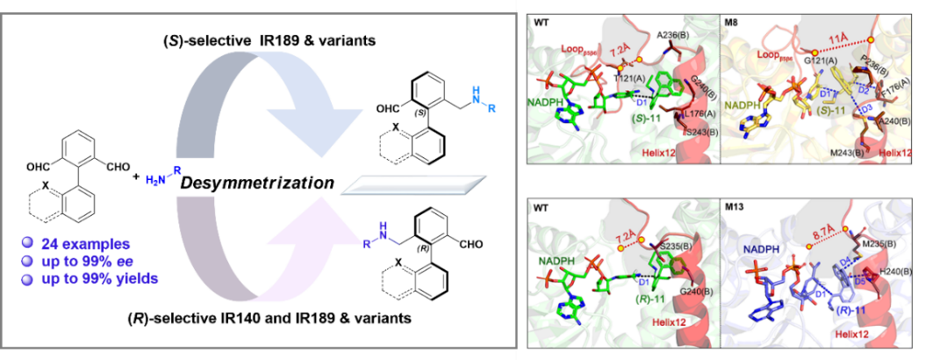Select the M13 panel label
click(736, 208)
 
